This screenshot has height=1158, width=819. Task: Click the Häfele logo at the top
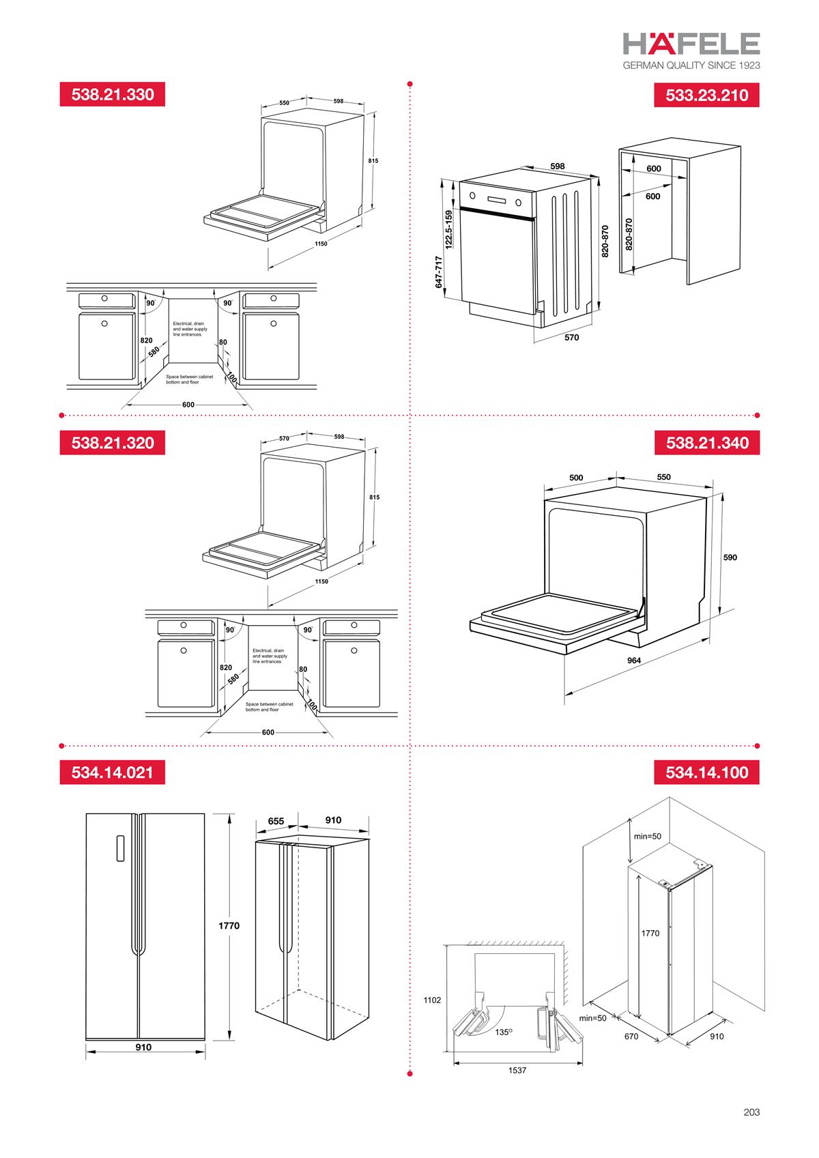(691, 44)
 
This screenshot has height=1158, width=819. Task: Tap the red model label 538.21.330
(113, 94)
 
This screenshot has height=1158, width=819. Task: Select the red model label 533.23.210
(706, 95)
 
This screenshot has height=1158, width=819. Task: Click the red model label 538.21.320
(113, 443)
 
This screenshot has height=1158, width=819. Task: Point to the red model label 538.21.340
(706, 443)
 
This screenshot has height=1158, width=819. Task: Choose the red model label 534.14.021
(113, 772)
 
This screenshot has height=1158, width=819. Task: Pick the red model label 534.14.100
(706, 772)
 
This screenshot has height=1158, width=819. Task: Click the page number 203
(751, 1112)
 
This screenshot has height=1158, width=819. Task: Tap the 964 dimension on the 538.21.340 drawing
(634, 661)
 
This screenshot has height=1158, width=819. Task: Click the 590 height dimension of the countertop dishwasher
(730, 558)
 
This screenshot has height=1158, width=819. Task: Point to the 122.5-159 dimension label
(448, 229)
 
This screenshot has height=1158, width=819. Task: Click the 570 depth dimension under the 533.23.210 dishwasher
(571, 337)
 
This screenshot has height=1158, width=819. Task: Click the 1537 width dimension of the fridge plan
(517, 1071)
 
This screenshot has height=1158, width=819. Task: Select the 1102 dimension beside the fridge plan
(432, 1000)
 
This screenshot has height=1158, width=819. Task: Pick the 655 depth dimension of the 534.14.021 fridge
(276, 821)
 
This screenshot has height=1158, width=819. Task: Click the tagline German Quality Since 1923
(691, 66)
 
